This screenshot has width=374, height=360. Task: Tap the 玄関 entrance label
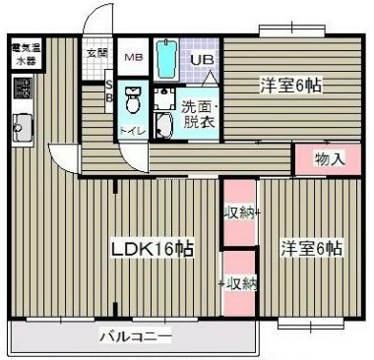(95, 54)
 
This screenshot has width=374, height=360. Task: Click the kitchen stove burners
(22, 91)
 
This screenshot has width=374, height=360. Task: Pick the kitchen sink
(21, 126)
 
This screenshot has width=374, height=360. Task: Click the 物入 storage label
(328, 158)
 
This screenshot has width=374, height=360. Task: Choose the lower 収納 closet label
(239, 283)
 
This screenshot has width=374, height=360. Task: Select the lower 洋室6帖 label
(310, 248)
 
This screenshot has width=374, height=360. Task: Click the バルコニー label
(135, 338)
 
